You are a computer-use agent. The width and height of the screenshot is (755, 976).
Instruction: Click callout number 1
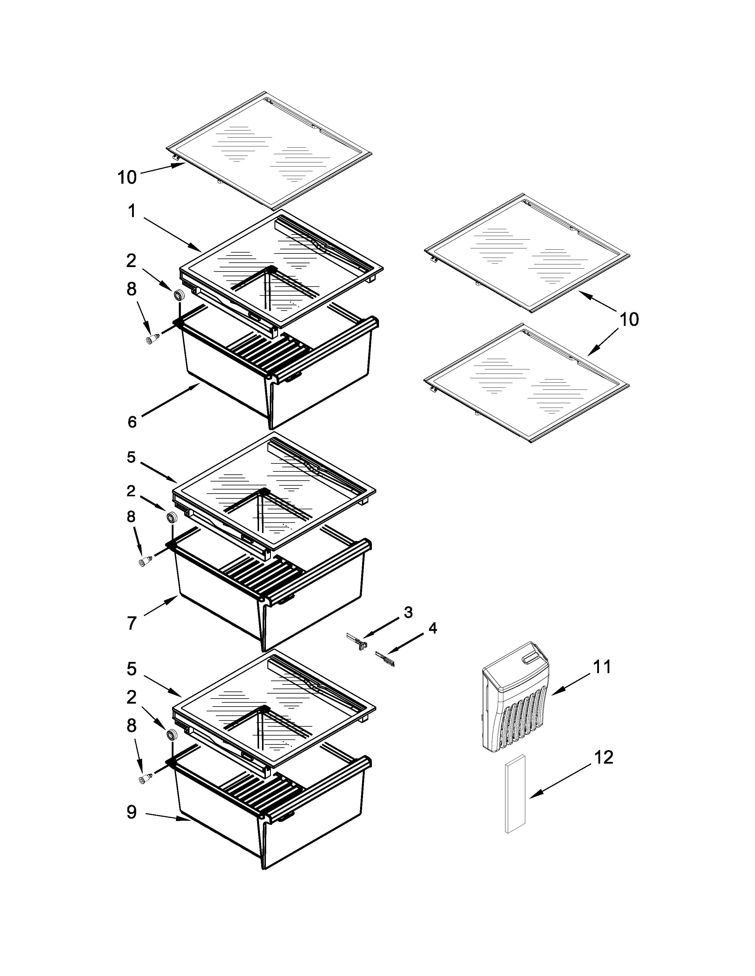click(x=131, y=211)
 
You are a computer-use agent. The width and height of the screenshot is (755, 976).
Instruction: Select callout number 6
click(x=132, y=421)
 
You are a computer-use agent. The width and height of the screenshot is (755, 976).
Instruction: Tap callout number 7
click(x=131, y=623)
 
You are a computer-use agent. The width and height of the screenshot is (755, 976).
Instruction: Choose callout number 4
click(x=432, y=628)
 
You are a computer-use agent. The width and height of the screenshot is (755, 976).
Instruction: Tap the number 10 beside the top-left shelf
click(x=127, y=177)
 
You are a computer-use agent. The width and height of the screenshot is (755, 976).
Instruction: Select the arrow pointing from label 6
click(x=170, y=400)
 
